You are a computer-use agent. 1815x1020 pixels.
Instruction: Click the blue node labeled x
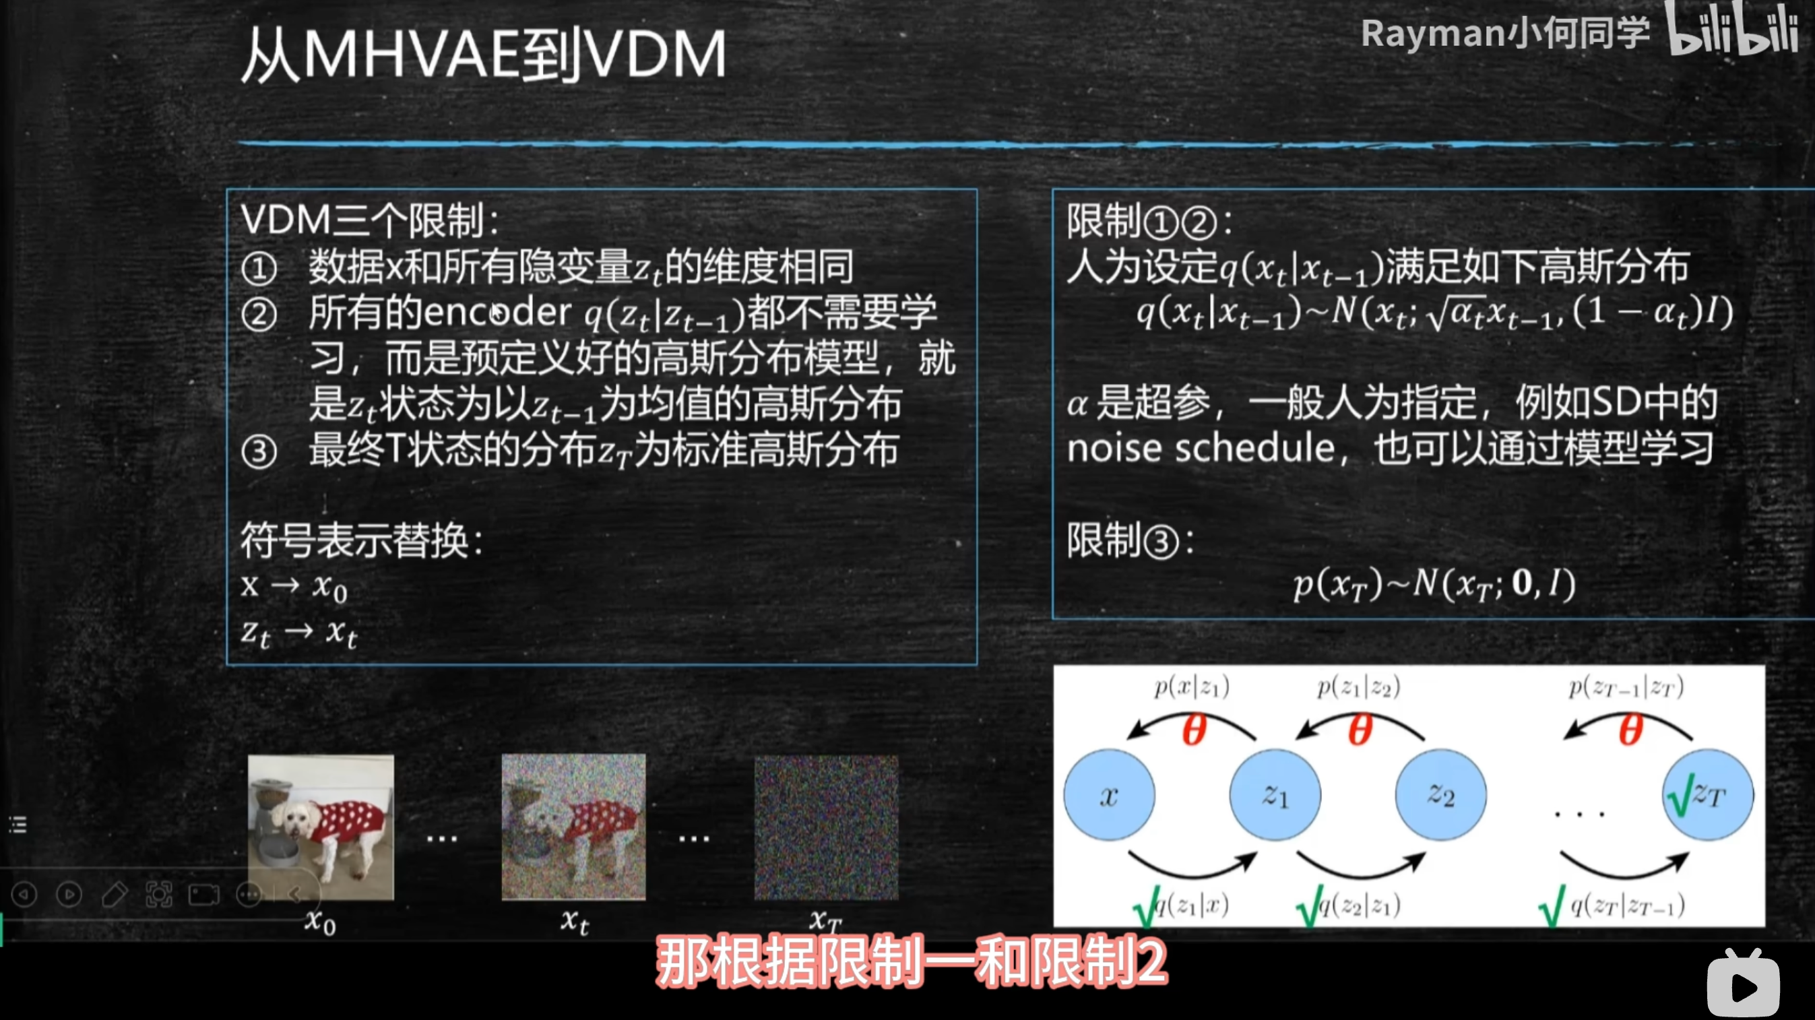[x=1109, y=794]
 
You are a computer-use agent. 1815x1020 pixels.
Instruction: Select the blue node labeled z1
[x=1275, y=794]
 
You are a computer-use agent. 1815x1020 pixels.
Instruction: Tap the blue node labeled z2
[x=1441, y=794]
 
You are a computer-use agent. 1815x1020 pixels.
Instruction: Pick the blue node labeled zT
[x=1708, y=794]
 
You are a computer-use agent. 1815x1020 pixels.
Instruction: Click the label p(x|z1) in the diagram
[x=1191, y=687]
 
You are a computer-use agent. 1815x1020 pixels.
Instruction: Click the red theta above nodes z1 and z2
[x=1360, y=729]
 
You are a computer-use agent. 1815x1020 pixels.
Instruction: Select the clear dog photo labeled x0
[x=321, y=827]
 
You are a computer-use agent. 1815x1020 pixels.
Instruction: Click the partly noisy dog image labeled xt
[x=573, y=827]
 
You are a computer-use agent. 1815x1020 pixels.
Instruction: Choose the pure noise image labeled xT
[x=827, y=828]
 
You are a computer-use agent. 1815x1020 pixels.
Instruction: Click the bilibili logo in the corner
[x=1733, y=30]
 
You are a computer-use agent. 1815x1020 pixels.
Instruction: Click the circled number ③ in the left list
[x=259, y=451]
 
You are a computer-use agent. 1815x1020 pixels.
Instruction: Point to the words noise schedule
[x=1201, y=449]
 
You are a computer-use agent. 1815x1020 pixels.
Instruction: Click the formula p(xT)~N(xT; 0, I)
[x=1434, y=584]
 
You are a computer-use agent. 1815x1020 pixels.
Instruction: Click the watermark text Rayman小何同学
[x=1505, y=33]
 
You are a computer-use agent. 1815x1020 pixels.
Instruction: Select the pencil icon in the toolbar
[x=114, y=895]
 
